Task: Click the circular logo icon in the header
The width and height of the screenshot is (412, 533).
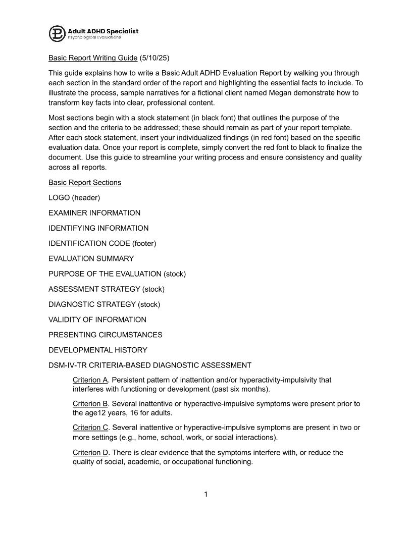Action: [57, 33]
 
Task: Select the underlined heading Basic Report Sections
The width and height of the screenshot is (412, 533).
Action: [84, 182]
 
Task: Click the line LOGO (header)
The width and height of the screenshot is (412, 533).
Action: [74, 198]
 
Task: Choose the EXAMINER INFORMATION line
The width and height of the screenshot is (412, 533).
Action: [94, 213]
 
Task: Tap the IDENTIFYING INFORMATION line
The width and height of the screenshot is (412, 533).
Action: [98, 228]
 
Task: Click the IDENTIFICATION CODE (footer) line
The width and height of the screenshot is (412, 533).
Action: [102, 243]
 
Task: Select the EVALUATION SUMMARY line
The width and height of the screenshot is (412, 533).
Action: [91, 258]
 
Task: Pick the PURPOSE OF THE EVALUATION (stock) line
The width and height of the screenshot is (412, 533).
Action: [117, 274]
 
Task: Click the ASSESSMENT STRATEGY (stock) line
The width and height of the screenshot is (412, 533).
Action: [107, 289]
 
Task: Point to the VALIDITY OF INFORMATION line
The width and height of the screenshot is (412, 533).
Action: [97, 319]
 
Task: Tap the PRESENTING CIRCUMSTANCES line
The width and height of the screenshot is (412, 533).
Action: [105, 335]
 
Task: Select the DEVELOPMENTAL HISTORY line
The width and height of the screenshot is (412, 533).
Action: [98, 350]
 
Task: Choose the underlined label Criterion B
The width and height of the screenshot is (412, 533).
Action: [90, 403]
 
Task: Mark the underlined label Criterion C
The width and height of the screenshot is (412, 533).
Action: [90, 428]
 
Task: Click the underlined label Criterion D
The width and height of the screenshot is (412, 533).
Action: [90, 453]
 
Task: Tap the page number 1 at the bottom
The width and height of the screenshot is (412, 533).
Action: [206, 494]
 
